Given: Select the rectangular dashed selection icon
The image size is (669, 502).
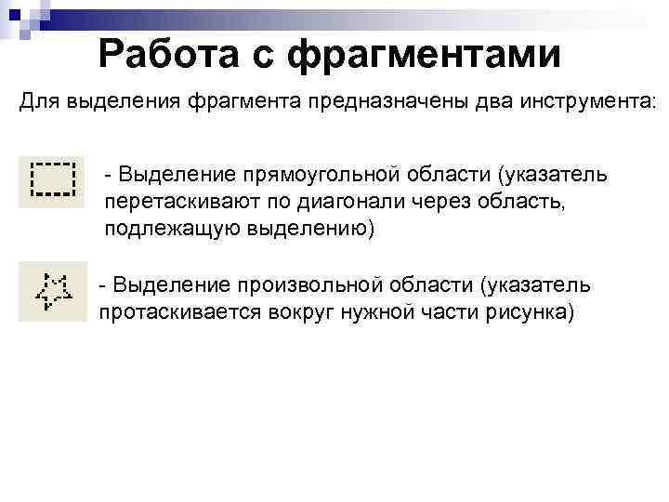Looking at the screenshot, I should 52,180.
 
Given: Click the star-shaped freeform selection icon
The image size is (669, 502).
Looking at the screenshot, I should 52,291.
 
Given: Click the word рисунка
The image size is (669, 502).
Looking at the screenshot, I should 528,311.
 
